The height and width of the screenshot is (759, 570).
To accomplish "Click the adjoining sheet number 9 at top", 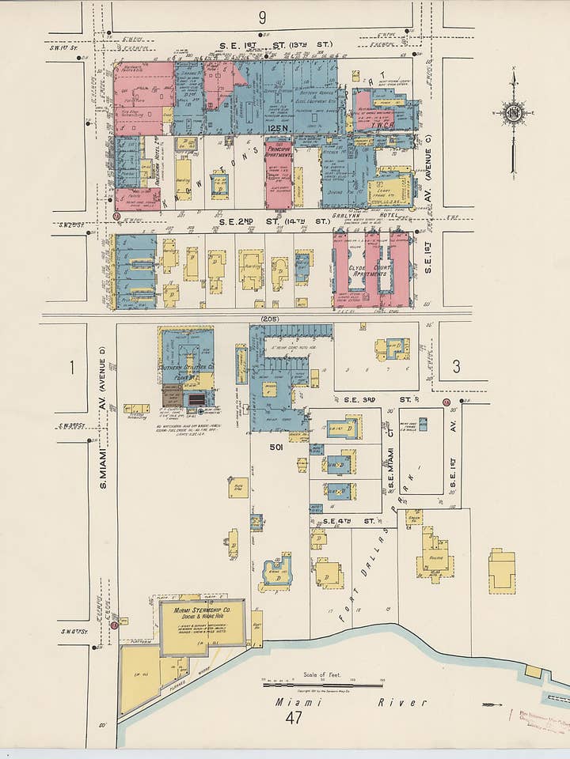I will point(262,17).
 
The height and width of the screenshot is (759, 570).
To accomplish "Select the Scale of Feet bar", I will point(322,685).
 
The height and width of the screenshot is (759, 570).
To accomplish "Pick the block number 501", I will point(275,447).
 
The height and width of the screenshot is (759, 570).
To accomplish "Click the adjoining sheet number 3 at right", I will point(456,366).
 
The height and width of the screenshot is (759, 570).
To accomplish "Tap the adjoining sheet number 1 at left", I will point(71,366).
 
